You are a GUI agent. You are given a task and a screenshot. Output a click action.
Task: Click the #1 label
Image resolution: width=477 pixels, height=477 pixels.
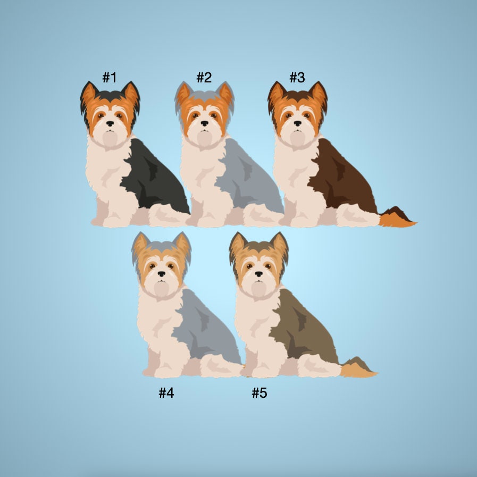pyautogui.click(x=109, y=78)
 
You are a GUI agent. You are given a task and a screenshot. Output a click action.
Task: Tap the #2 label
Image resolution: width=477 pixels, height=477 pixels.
pyautogui.click(x=204, y=78)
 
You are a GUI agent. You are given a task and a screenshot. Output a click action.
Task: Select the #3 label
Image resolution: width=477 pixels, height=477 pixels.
pyautogui.click(x=297, y=78)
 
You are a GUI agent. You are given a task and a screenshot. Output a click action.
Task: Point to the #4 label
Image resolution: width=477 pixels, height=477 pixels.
pyautogui.click(x=166, y=393)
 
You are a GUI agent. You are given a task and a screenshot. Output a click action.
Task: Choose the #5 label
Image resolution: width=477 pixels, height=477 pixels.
pyautogui.click(x=260, y=393)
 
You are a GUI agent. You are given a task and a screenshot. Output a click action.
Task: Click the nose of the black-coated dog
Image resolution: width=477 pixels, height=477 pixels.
pyautogui.click(x=110, y=123)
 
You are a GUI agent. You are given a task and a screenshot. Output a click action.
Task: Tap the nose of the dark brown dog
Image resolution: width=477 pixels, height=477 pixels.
pyautogui.click(x=297, y=123)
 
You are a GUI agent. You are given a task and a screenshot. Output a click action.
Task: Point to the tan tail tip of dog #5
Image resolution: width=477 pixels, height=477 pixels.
pyautogui.click(x=356, y=371)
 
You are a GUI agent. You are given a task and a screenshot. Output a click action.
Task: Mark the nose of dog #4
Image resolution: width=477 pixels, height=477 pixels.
pyautogui.click(x=162, y=274)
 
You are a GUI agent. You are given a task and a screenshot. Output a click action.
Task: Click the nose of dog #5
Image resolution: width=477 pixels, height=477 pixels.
pyautogui.click(x=259, y=274)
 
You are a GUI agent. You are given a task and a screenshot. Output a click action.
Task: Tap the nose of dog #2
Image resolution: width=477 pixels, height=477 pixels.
pyautogui.click(x=205, y=123)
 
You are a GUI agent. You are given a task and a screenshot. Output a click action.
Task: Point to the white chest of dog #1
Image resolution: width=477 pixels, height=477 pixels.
pyautogui.click(x=106, y=173)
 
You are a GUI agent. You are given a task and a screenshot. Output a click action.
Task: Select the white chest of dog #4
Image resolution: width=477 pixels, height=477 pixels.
pyautogui.click(x=157, y=324)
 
